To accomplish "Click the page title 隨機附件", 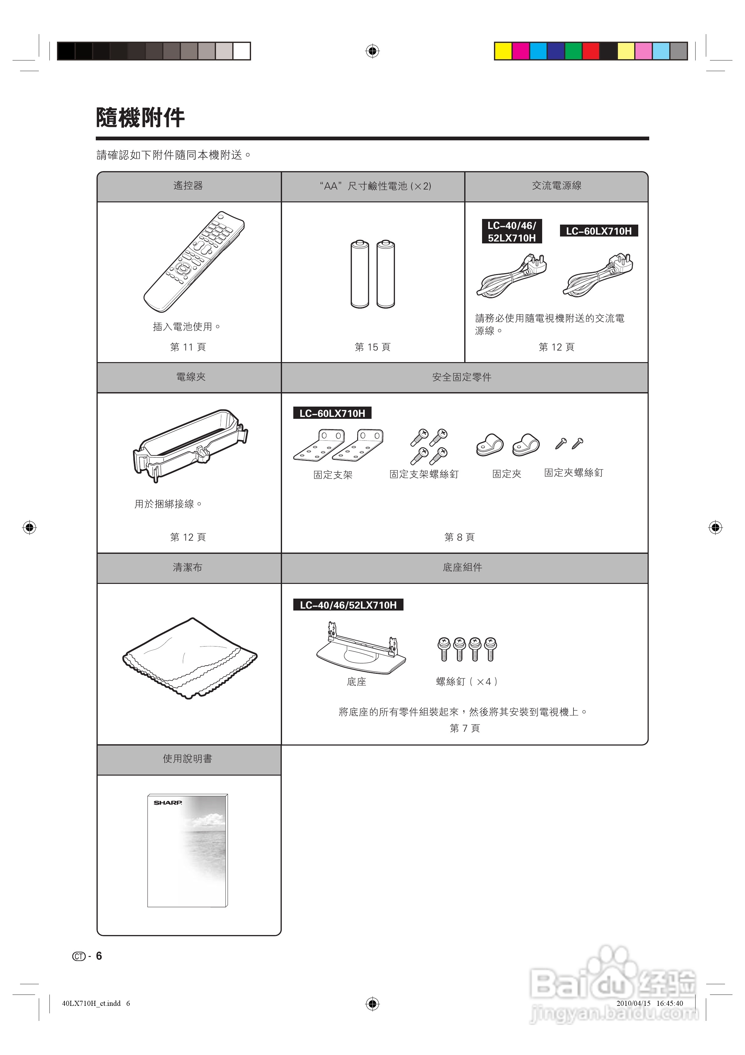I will (x=140, y=118).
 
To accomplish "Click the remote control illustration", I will (x=193, y=262).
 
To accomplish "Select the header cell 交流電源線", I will (x=556, y=186).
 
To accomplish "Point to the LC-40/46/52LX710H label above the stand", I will (x=348, y=605).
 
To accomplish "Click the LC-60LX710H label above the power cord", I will (x=599, y=231).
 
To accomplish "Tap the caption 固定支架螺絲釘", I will (x=424, y=474).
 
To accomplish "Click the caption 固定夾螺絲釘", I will (x=573, y=473).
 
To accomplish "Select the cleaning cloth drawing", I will (x=189, y=658).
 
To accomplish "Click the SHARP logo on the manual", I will (x=168, y=803).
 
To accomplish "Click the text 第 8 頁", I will (x=459, y=537).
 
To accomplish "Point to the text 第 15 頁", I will (x=372, y=347).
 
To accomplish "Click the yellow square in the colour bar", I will (x=503, y=51).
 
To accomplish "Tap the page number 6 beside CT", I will (x=99, y=956).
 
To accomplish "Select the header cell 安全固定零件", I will (x=462, y=377).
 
